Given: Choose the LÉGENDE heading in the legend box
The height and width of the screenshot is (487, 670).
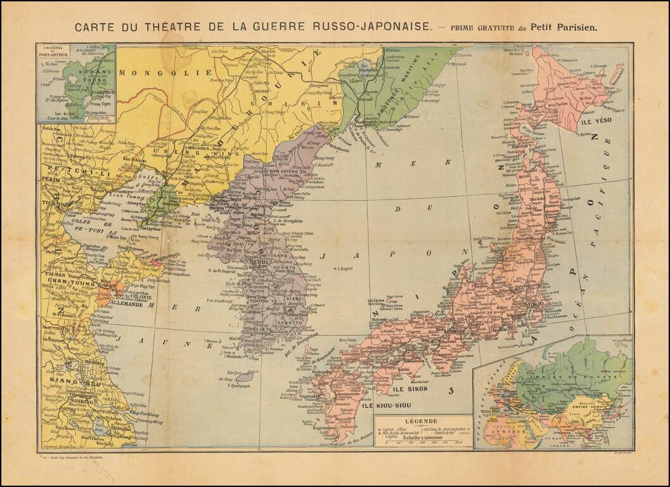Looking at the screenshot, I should click(423, 421).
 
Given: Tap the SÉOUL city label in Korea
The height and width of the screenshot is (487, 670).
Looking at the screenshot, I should click(260, 261).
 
